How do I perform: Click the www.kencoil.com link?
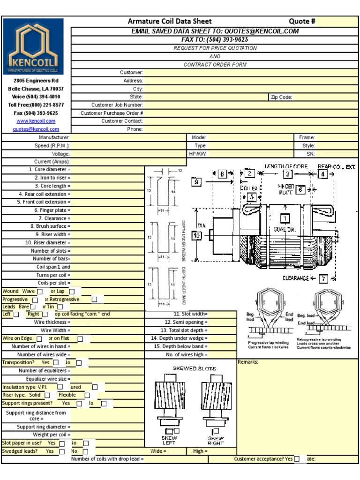tap(36, 121)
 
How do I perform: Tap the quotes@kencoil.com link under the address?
tap(36, 129)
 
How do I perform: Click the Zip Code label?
tap(281, 97)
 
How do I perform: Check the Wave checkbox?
tap(40, 292)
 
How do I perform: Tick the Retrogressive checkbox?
tap(94, 300)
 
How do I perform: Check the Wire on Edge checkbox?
tap(39, 338)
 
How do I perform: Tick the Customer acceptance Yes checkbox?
tap(297, 459)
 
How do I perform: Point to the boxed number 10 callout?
tap(197, 236)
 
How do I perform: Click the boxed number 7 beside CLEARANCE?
tap(323, 278)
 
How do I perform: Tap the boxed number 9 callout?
tap(196, 182)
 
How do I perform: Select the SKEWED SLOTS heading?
tap(194, 368)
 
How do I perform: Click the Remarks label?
tap(248, 362)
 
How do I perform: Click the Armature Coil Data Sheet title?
tap(170, 21)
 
